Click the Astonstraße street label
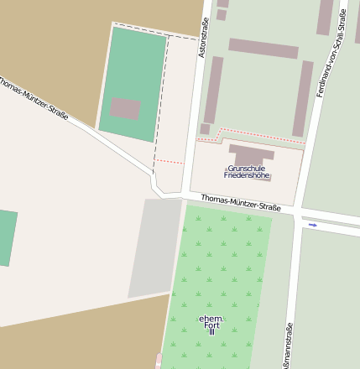[x=202, y=38]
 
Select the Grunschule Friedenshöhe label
[x=247, y=172]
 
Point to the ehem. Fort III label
[x=211, y=325]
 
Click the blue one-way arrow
[x=313, y=225]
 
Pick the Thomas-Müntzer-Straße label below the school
[x=241, y=202]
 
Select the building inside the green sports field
[x=125, y=109]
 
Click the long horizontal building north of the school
[x=263, y=49]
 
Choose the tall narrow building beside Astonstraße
[x=213, y=90]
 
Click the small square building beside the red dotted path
[x=205, y=129]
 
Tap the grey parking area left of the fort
[x=154, y=247]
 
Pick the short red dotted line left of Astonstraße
[x=168, y=160]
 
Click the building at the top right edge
[x=325, y=17]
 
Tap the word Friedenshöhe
[x=247, y=176]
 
